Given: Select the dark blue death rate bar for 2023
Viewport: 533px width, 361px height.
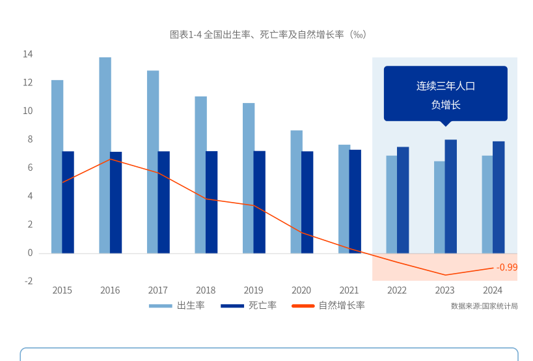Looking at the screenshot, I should (450, 195).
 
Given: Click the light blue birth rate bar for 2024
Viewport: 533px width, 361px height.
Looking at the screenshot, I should (487, 203).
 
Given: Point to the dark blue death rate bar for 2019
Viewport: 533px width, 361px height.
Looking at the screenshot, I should (260, 202).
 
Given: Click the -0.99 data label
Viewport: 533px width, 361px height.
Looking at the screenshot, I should (507, 267).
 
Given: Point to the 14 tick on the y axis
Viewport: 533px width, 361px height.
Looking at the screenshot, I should (27, 54).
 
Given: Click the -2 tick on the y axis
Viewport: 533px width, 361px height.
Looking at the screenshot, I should (28, 281).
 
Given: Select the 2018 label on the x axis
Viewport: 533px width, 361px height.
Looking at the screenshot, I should (206, 291).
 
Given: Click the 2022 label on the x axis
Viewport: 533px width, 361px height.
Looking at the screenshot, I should (397, 291).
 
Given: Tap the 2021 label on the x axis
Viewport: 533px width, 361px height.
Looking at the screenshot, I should (349, 291).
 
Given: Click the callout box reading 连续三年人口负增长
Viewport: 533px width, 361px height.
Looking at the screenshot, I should (445, 94).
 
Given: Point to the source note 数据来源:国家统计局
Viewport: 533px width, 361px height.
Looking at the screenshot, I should (484, 306).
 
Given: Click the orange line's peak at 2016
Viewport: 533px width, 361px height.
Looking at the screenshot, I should (111, 159).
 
